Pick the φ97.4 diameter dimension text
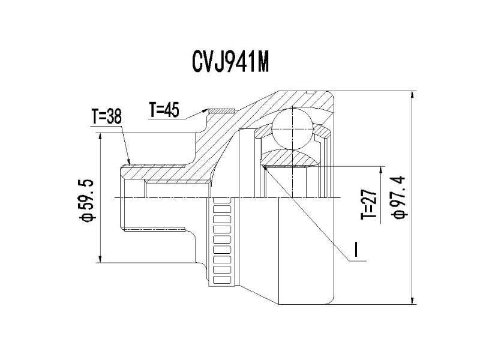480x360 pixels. (398, 197)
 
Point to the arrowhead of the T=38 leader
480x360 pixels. (129, 163)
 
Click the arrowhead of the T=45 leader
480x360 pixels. (206, 110)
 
